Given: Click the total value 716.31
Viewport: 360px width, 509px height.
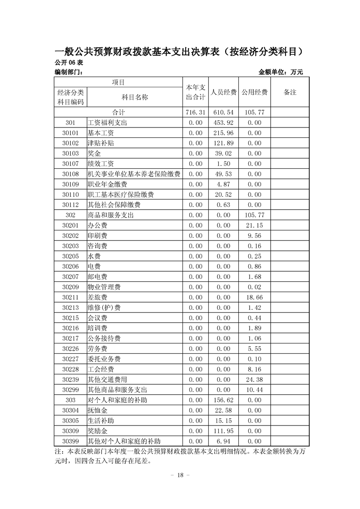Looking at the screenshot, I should click(196, 112).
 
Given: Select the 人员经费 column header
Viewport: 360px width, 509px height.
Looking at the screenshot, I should click(223, 92).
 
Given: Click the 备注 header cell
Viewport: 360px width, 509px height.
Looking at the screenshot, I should click(290, 92).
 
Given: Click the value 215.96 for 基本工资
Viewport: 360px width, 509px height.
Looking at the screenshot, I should click(223, 133).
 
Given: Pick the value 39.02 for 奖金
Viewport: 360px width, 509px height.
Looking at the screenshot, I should click(223, 153).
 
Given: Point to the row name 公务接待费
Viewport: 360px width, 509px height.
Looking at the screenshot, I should click(104, 338).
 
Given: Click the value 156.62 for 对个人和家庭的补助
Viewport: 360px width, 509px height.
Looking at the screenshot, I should click(223, 400).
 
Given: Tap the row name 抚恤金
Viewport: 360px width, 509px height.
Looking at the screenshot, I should click(97, 410).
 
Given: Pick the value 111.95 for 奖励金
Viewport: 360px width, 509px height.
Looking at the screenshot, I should click(223, 431).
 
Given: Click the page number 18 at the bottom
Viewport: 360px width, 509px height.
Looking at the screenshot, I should click(180, 475).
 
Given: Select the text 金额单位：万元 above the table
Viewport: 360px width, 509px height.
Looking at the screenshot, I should click(280, 72).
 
